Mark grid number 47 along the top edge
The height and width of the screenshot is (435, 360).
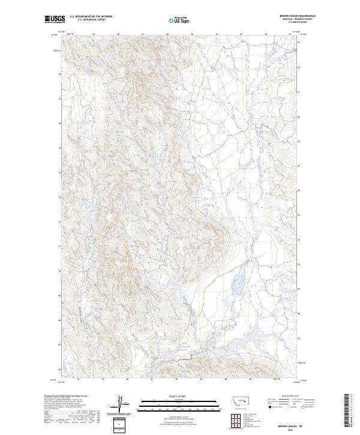290,35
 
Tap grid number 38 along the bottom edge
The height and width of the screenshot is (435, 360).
78,379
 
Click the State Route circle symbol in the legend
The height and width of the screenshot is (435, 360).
304,406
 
